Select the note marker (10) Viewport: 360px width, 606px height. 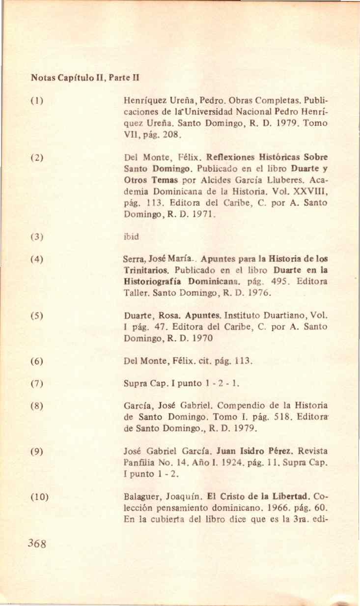(39, 496)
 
